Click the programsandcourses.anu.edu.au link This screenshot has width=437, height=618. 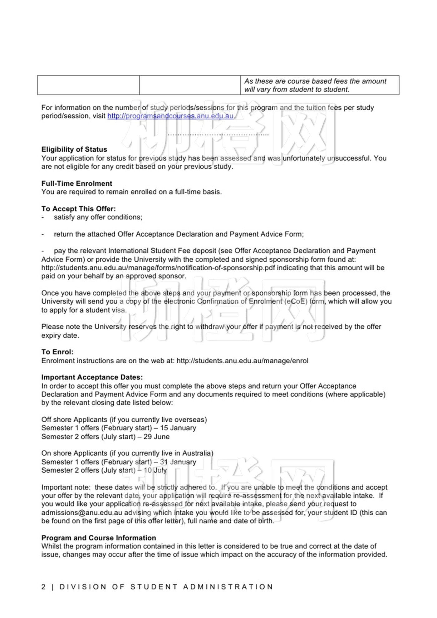point(170,116)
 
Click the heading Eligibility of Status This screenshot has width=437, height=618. point(74,150)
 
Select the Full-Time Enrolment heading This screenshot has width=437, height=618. point(77,184)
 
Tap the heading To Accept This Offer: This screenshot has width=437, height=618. point(79,209)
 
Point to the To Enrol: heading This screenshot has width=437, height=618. point(57,352)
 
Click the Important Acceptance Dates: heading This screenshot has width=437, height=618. point(92,377)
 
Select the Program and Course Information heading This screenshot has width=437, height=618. point(99,538)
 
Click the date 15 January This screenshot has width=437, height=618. point(178,428)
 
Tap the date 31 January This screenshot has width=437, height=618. point(178,462)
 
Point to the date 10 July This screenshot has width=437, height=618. point(155,470)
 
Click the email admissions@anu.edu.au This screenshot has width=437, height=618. point(82,513)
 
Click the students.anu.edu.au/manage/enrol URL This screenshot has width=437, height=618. point(242,361)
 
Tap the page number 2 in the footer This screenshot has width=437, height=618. point(43,587)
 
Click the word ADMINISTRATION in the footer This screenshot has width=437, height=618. point(228,587)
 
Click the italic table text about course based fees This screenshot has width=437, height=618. point(315,85)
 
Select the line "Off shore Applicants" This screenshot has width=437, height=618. point(124,419)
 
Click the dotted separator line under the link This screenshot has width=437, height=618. point(218,135)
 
